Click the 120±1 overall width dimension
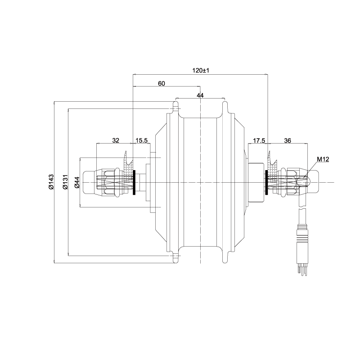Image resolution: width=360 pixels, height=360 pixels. tap(201, 70)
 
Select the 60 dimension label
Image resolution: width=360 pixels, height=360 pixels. tap(162, 83)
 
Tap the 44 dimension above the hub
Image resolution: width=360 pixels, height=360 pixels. tap(200, 95)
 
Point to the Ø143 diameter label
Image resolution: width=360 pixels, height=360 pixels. tap(51, 182)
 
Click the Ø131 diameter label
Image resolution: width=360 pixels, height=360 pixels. tap(65, 182)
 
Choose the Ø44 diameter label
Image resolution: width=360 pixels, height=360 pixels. tap(77, 182)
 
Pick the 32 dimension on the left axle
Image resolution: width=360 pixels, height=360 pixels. tap(116, 140)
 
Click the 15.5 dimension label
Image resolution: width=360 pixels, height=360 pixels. tap(141, 140)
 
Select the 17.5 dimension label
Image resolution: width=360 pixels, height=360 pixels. tap(259, 140)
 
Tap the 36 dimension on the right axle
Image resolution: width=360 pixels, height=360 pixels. tap(288, 140)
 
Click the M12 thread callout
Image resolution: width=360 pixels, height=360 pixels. tap(323, 159)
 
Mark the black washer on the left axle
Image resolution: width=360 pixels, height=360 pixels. tap(134, 183)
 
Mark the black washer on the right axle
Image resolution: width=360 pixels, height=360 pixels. tap(266, 183)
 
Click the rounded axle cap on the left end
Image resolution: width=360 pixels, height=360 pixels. tap(88, 183)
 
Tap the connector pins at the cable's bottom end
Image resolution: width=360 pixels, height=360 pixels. tap(302, 269)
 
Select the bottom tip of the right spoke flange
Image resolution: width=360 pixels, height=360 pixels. tap(225, 262)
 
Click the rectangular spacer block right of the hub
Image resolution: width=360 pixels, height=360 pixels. tap(256, 182)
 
